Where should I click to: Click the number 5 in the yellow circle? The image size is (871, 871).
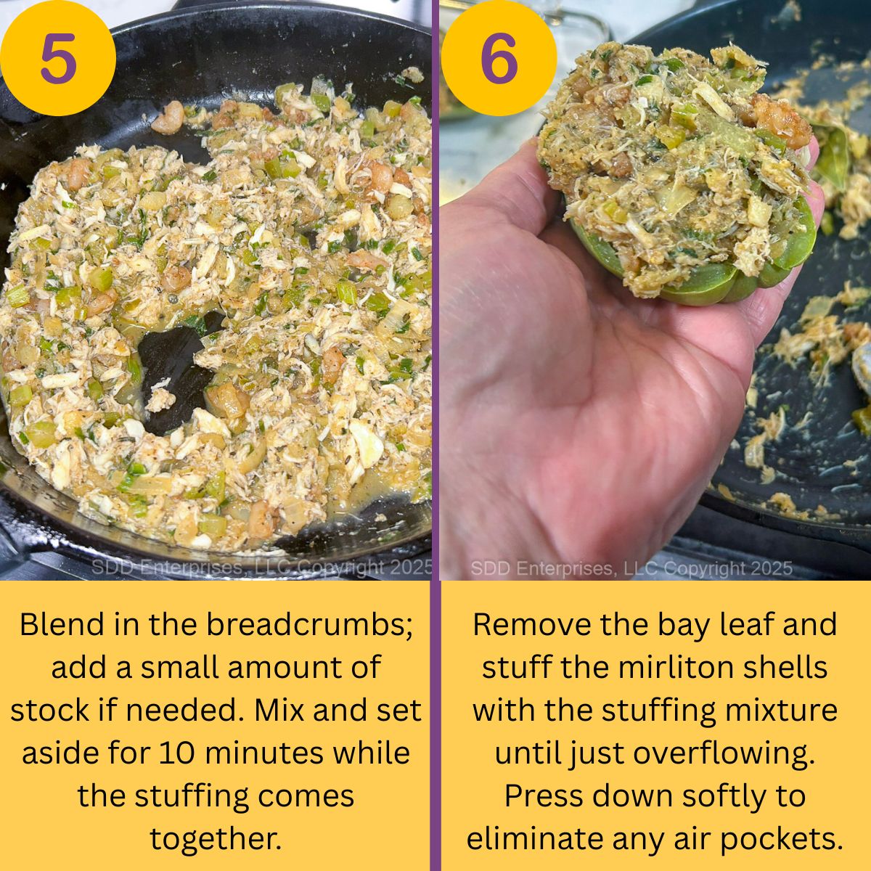tap(58, 58)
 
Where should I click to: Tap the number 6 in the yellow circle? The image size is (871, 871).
tap(499, 58)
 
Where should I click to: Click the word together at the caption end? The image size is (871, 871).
tap(216, 838)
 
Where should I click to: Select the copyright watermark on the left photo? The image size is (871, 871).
tap(261, 568)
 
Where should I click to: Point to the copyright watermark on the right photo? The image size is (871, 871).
tap(631, 568)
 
